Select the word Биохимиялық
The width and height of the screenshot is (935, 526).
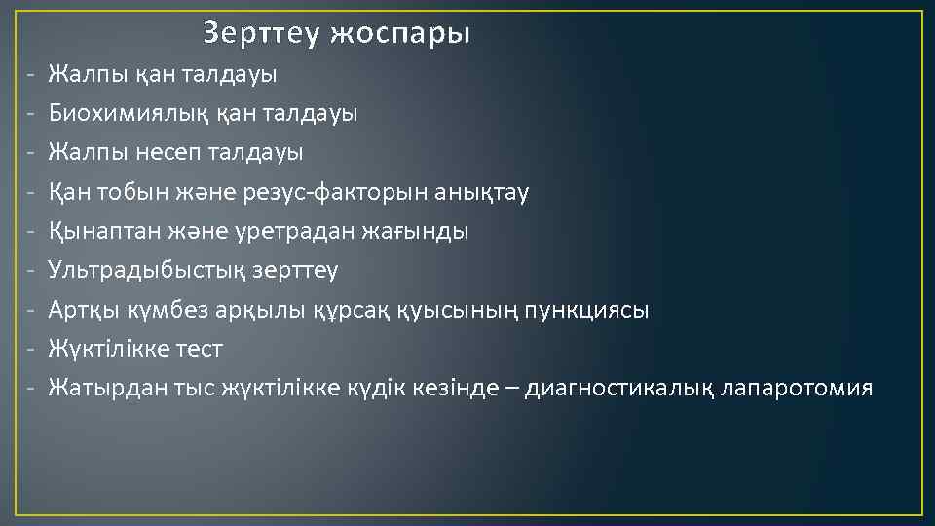[123, 113]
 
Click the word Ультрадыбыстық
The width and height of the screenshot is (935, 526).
[143, 270]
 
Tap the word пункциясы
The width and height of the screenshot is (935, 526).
[587, 310]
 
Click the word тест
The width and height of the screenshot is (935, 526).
[202, 349]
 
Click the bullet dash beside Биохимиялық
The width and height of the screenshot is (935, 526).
[32, 113]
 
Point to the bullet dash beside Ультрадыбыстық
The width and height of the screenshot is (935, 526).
[32, 270]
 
